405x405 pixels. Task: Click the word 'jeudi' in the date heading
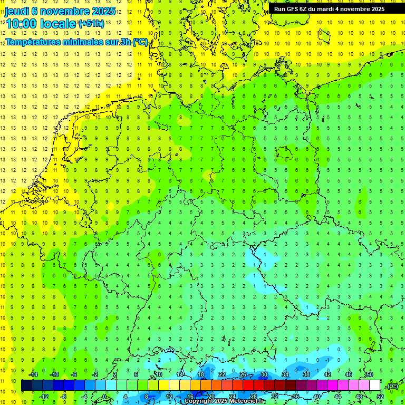click(x=17, y=11)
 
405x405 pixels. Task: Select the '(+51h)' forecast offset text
click(x=91, y=24)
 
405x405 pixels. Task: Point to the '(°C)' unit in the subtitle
click(x=140, y=42)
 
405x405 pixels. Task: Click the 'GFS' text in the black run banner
click(x=293, y=9)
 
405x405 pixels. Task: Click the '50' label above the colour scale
click(x=370, y=374)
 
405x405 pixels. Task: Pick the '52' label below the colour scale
click(x=380, y=397)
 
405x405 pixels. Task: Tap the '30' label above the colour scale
click(x=264, y=374)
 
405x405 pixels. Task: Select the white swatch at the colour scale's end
click(x=375, y=385)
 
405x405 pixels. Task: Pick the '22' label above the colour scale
click(x=222, y=374)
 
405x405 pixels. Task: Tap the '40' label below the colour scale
click(x=316, y=397)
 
